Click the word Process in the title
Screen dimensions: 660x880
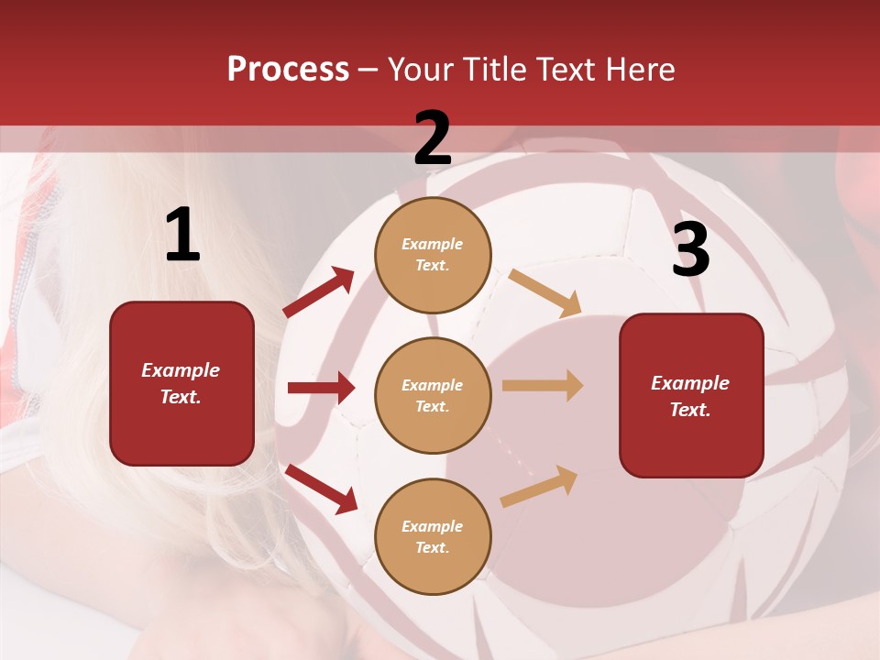coord(288,70)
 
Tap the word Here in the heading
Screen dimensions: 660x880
coord(638,70)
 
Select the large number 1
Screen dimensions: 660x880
coord(182,236)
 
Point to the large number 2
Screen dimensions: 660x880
coord(433,138)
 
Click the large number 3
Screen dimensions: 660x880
coord(690,249)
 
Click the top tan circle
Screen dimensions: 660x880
coord(433,255)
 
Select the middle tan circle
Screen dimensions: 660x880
coord(433,395)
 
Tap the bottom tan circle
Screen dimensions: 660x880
coord(433,536)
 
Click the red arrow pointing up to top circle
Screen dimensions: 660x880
coord(319,292)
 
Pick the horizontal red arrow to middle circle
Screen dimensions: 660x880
coord(321,388)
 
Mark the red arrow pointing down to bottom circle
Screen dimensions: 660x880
coord(321,489)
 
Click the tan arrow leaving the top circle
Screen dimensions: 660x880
coord(544,292)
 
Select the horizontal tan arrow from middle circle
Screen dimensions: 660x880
coord(543,386)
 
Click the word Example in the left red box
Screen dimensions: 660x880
coord(181,370)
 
